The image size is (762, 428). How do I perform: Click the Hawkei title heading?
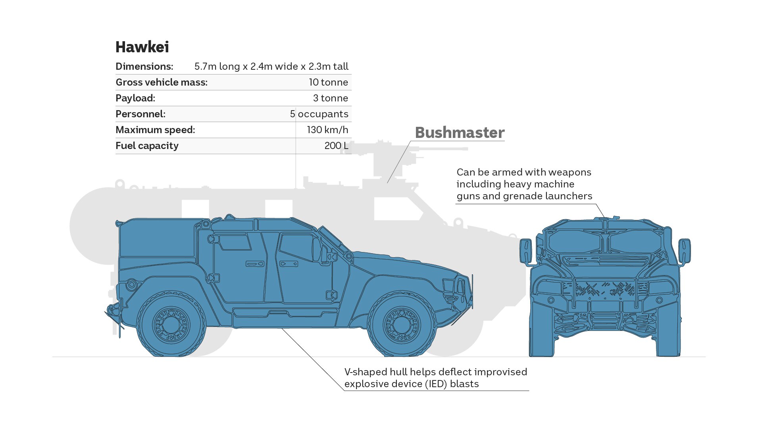(x=142, y=47)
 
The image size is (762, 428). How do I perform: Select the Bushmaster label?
(x=460, y=133)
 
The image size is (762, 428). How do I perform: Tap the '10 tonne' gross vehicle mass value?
(x=328, y=82)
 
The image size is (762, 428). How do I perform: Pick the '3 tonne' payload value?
(x=330, y=98)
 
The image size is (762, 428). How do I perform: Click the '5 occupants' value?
(x=319, y=114)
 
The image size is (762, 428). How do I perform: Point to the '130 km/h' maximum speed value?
(x=327, y=130)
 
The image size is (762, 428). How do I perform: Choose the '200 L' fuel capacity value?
(x=336, y=146)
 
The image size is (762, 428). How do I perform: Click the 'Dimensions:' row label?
(x=144, y=67)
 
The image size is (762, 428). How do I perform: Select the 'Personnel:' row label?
(x=140, y=114)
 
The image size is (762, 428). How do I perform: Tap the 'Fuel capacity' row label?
(x=147, y=146)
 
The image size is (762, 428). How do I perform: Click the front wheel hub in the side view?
(x=401, y=325)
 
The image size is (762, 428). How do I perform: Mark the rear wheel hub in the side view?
(x=171, y=325)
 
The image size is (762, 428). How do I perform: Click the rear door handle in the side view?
(x=255, y=264)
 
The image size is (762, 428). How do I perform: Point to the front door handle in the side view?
(x=289, y=264)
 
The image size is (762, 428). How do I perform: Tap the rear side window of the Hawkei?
(x=235, y=242)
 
